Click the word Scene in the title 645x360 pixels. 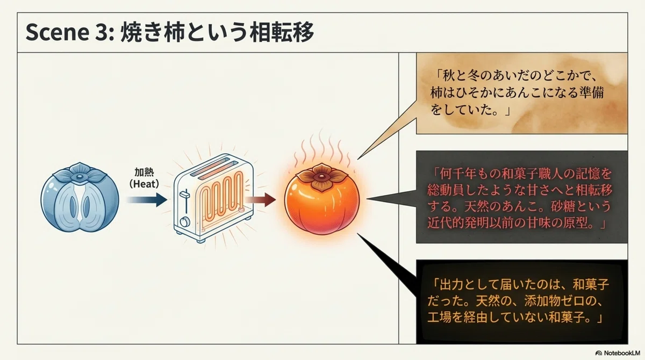click(57, 32)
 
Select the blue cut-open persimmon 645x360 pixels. click(80, 197)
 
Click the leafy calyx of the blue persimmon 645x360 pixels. click(80, 173)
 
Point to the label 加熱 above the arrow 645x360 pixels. click(144, 172)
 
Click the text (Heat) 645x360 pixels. click(144, 184)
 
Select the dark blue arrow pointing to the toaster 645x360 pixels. click(147, 200)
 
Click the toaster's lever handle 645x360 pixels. click(184, 195)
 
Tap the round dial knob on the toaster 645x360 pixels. click(185, 222)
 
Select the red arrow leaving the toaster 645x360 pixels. click(260, 200)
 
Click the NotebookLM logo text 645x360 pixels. click(622, 353)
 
